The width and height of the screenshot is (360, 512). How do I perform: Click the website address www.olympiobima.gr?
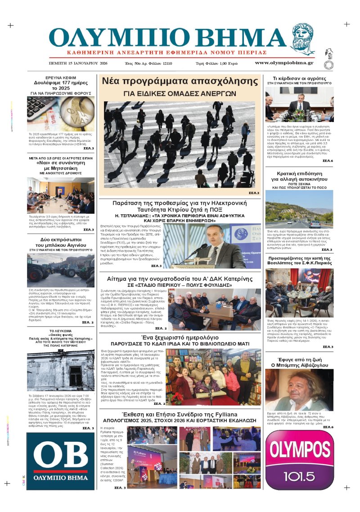[284, 63]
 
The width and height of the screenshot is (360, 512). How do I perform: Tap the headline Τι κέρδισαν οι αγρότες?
[299, 77]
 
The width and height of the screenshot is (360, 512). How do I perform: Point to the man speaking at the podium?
[209, 245]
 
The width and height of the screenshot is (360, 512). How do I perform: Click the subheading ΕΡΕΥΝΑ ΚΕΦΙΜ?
[60, 77]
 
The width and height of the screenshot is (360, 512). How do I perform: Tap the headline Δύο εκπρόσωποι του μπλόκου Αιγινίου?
[60, 242]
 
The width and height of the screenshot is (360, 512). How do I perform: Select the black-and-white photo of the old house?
[60, 369]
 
